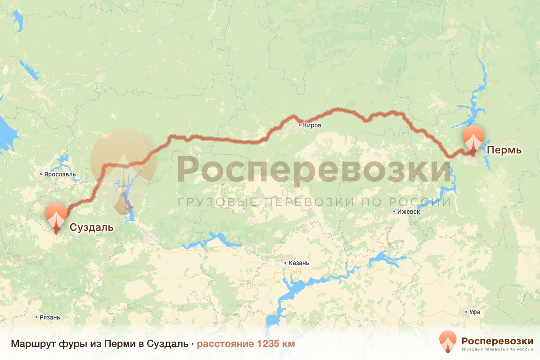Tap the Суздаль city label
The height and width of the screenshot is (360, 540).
click(91, 227)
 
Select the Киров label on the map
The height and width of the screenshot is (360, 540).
click(312, 126)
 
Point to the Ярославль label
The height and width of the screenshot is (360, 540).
click(59, 174)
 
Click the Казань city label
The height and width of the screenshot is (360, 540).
click(299, 263)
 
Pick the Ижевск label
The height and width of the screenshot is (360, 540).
click(409, 211)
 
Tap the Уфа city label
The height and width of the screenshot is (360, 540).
click(474, 311)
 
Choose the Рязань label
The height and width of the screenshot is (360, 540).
click(49, 317)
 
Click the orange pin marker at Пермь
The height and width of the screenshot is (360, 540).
click(473, 139)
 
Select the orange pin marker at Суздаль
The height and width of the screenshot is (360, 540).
click(56, 216)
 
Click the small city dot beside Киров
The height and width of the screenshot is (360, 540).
click(299, 126)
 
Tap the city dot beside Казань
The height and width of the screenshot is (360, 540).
click(285, 263)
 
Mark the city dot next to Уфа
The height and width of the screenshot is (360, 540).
click(466, 311)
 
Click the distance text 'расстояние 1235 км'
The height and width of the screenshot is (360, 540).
click(246, 344)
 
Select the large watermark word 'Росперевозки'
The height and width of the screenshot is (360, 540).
click(314, 170)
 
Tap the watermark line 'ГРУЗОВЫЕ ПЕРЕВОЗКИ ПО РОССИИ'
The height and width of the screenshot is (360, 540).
click(314, 202)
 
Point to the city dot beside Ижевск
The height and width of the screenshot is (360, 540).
click(394, 211)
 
